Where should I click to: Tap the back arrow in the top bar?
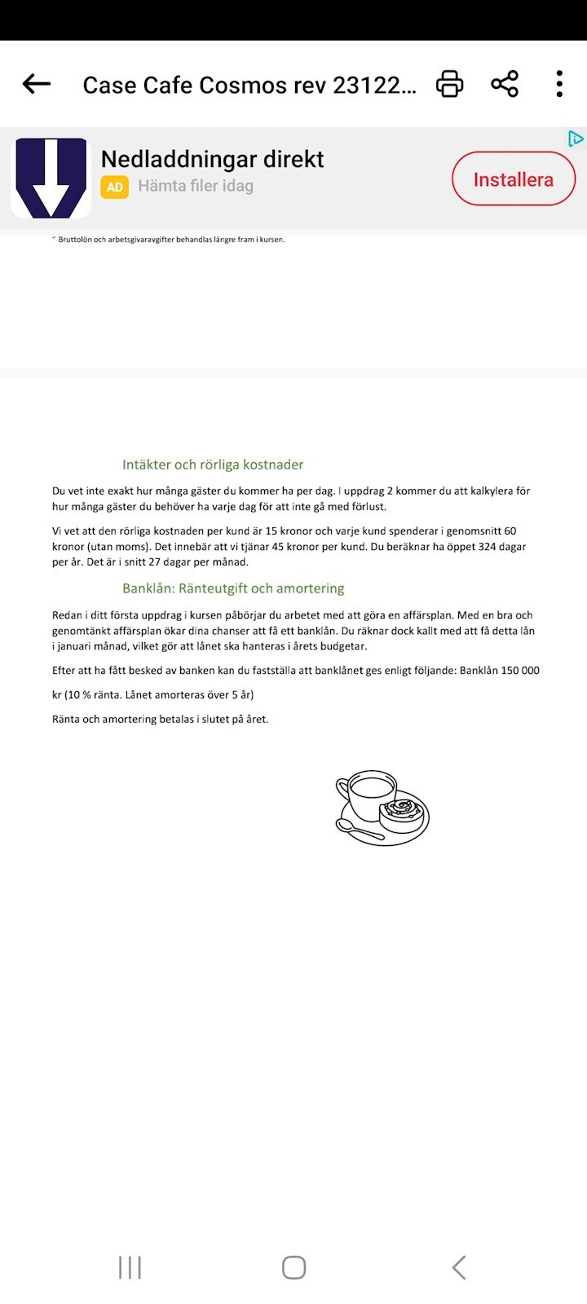37,84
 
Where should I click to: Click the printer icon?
450,84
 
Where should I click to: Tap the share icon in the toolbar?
505,84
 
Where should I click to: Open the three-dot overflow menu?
559,84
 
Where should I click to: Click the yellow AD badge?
115,187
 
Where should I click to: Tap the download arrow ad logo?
51,178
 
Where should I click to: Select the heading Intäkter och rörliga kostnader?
213,465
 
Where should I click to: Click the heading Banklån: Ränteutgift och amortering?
233,588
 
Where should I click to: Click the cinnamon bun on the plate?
403,812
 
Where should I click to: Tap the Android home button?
293,1267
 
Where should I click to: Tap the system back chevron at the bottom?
459,1267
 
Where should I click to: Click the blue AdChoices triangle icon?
576,139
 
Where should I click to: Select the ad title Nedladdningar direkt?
212,159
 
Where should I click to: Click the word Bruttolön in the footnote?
77,240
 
